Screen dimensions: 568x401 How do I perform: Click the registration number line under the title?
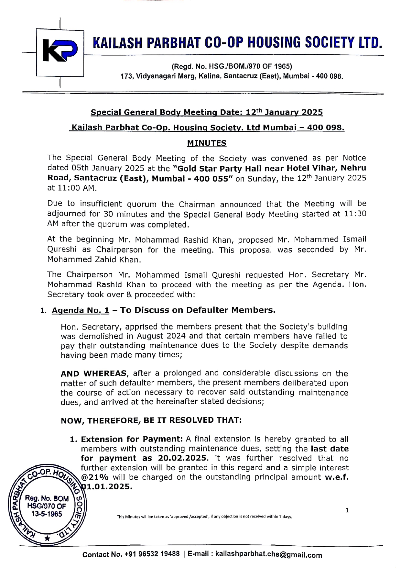(232, 67)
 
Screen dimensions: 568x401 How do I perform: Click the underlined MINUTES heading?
(207, 143)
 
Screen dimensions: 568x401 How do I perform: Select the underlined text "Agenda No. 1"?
(81, 310)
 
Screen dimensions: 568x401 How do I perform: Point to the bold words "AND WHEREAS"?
(93, 373)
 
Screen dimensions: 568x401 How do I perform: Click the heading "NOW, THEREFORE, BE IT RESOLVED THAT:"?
(151, 420)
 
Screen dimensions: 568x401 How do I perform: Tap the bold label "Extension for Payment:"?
(132, 439)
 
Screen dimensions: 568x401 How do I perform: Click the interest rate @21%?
(95, 477)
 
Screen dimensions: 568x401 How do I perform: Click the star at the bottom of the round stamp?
(48, 539)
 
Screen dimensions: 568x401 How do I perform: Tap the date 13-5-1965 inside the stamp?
(47, 514)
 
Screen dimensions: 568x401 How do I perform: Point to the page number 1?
(347, 511)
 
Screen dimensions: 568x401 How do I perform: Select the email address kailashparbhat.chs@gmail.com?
(268, 555)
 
